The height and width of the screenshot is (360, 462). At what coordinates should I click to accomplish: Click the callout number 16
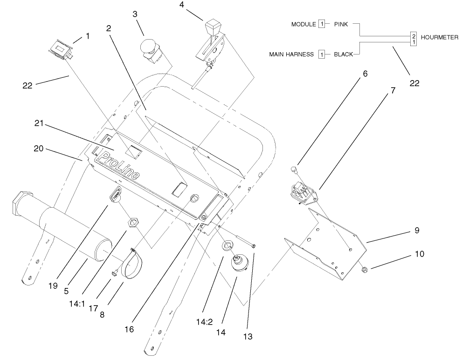[x=129, y=329]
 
